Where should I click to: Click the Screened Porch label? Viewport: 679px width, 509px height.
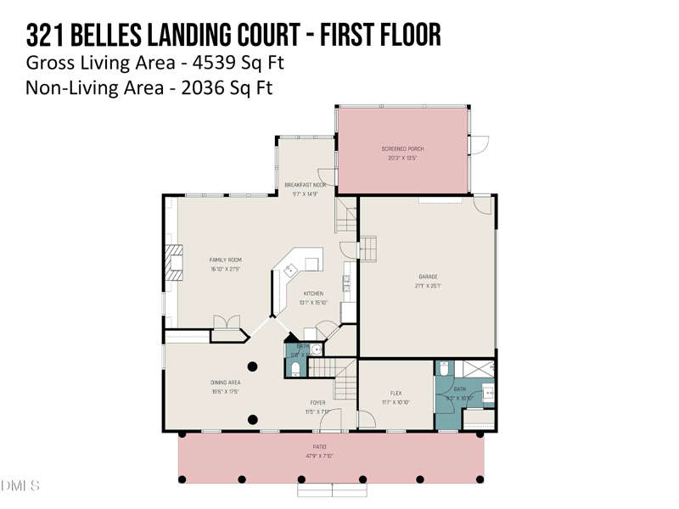402,148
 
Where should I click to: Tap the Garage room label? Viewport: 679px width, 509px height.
427,277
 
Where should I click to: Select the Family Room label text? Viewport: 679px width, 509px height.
227,260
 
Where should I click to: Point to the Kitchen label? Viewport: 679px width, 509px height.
313,294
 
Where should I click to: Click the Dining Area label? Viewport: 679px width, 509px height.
225,383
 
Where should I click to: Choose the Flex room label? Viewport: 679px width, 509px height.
396,394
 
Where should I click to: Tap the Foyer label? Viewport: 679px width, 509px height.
317,403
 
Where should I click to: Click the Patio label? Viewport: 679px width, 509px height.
318,447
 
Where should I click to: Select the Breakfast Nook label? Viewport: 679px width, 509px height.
306,185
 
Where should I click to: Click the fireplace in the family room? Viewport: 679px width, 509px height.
174,263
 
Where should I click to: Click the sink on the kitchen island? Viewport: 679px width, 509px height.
291,271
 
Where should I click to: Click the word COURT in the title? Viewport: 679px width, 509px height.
259,36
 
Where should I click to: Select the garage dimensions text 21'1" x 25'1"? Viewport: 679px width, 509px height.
427,286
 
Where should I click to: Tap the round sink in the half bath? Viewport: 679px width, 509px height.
316,348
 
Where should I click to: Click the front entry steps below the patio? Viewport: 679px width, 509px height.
330,489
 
